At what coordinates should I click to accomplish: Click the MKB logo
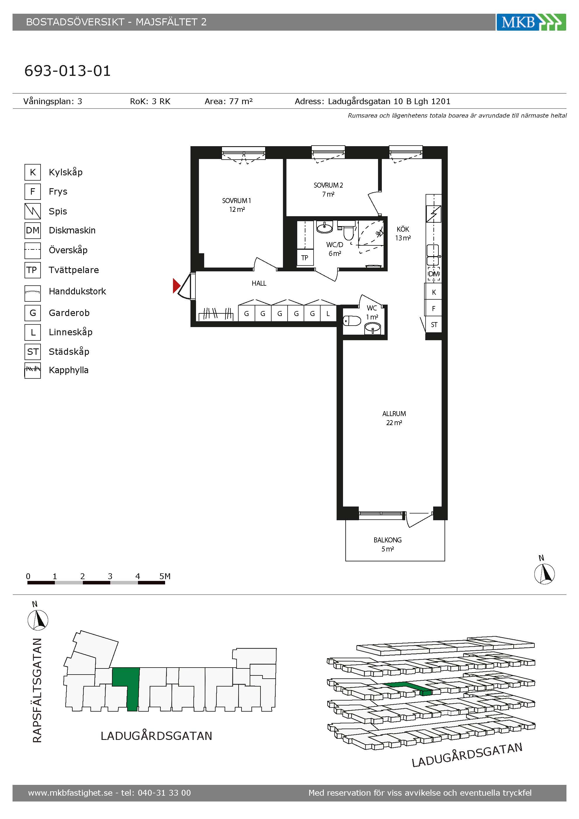[x=531, y=22]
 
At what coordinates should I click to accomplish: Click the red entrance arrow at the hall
[x=176, y=286]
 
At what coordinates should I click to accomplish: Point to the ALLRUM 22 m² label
[x=394, y=418]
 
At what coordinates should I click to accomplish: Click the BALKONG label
[x=388, y=540]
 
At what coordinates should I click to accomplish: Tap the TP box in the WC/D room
[x=305, y=258]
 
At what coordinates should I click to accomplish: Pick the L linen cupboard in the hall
[x=328, y=314]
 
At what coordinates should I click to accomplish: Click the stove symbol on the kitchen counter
[x=433, y=214]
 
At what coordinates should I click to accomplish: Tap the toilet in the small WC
[x=352, y=321]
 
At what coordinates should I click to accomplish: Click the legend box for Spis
[x=32, y=211]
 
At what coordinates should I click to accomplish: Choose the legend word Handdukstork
[x=77, y=291]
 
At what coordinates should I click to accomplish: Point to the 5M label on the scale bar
[x=165, y=576]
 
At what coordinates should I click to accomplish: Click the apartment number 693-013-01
[x=68, y=71]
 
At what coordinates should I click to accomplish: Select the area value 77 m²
[x=241, y=101]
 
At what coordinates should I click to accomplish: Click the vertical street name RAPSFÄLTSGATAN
[x=37, y=690]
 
